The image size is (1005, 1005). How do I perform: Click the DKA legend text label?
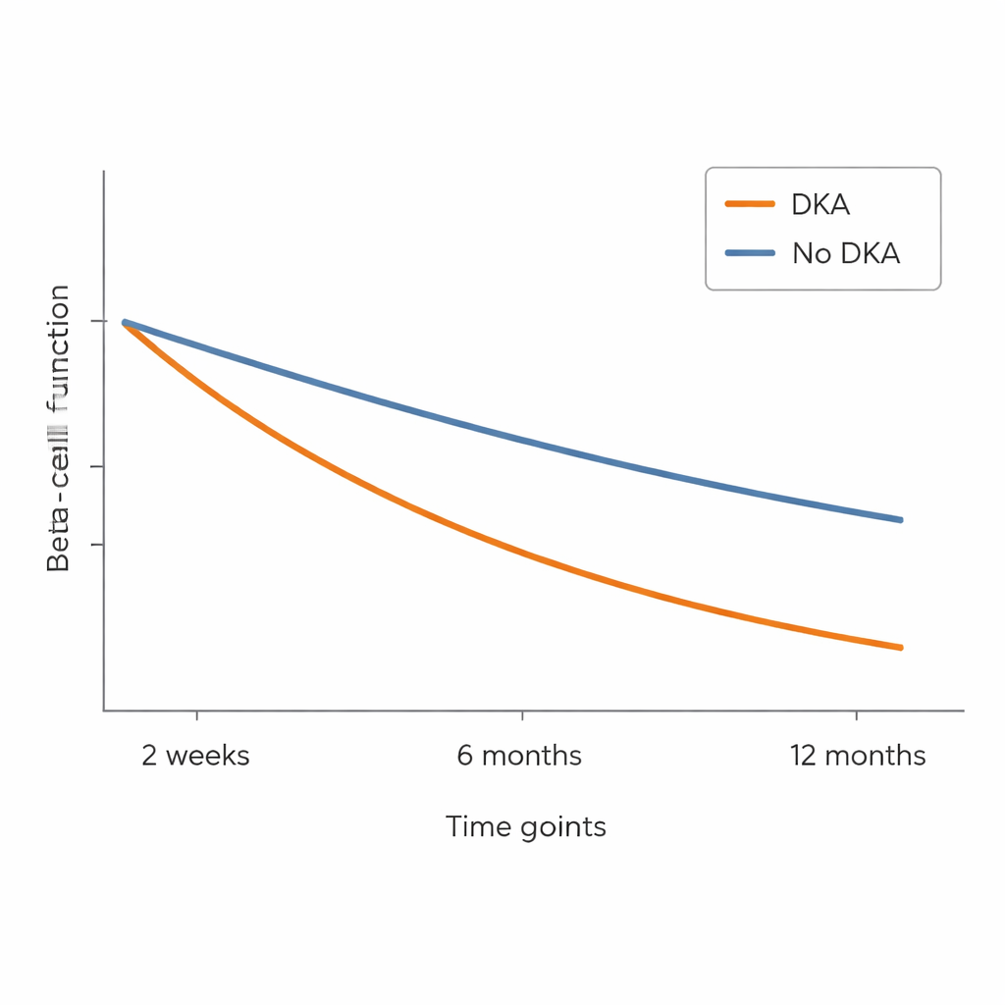pyautogui.click(x=820, y=204)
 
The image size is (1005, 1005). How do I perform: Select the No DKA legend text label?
pyautogui.click(x=845, y=253)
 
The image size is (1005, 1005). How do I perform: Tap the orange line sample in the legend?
pyautogui.click(x=751, y=204)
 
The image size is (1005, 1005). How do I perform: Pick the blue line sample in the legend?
pyautogui.click(x=751, y=253)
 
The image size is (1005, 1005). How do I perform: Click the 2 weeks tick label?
pyautogui.click(x=195, y=756)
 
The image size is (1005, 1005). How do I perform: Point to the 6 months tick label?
pyautogui.click(x=519, y=756)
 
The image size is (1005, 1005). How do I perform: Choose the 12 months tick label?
pyautogui.click(x=857, y=756)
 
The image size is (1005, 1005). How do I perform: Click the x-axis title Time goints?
pyautogui.click(x=525, y=826)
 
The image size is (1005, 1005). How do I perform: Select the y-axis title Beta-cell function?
pyautogui.click(x=59, y=428)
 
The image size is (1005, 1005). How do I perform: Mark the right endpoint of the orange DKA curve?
pyautogui.click(x=900, y=647)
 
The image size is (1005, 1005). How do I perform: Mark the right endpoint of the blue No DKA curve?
pyautogui.click(x=900, y=519)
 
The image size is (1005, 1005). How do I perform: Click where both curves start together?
pyautogui.click(x=125, y=322)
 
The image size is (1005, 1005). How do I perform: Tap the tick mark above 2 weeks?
pyautogui.click(x=196, y=715)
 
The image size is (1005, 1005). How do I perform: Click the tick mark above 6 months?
pyautogui.click(x=522, y=715)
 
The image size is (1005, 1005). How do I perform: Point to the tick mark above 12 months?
pyautogui.click(x=857, y=715)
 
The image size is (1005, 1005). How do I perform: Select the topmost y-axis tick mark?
pyautogui.click(x=97, y=321)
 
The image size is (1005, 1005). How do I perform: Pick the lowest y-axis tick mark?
pyautogui.click(x=97, y=544)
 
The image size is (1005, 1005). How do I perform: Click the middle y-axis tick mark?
pyautogui.click(x=97, y=466)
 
